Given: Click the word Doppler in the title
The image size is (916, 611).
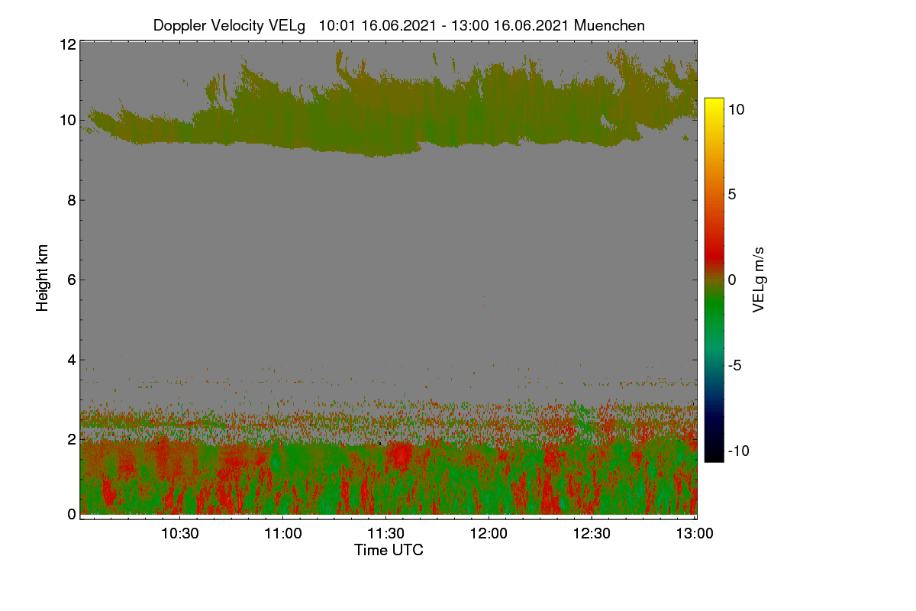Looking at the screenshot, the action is tap(179, 26).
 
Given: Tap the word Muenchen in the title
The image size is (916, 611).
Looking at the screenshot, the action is tap(609, 25).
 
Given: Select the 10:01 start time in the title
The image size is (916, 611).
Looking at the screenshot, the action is tap(337, 25).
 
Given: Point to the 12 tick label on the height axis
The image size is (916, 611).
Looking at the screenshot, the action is tap(68, 44).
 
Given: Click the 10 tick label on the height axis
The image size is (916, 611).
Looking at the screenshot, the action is tap(68, 121).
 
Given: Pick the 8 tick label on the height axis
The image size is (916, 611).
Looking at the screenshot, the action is tap(72, 200).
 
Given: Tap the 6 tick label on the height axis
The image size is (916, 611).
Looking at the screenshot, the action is tap(72, 280).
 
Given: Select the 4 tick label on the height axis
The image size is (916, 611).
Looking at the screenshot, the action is tap(72, 360).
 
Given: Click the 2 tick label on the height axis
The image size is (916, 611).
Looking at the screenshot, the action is tap(72, 439).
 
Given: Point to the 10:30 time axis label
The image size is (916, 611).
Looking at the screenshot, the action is tap(180, 533).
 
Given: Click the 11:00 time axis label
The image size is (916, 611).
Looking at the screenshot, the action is tap(283, 533).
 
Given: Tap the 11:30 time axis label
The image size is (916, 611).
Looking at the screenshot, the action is tap(385, 533).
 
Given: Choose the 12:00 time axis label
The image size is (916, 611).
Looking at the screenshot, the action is tap(489, 533).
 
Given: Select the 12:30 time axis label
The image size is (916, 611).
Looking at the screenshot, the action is tap(592, 533).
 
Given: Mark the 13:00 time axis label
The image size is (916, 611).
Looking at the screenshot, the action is tap(695, 533).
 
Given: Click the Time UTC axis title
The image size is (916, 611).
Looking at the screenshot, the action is tap(389, 550).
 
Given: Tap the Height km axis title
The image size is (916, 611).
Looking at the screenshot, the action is tap(42, 278).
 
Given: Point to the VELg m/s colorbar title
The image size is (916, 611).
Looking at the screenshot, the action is tap(758, 280).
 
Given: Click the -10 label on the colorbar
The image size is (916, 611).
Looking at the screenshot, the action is tap(739, 451).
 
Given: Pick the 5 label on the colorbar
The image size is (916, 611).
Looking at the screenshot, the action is tap(732, 195).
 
